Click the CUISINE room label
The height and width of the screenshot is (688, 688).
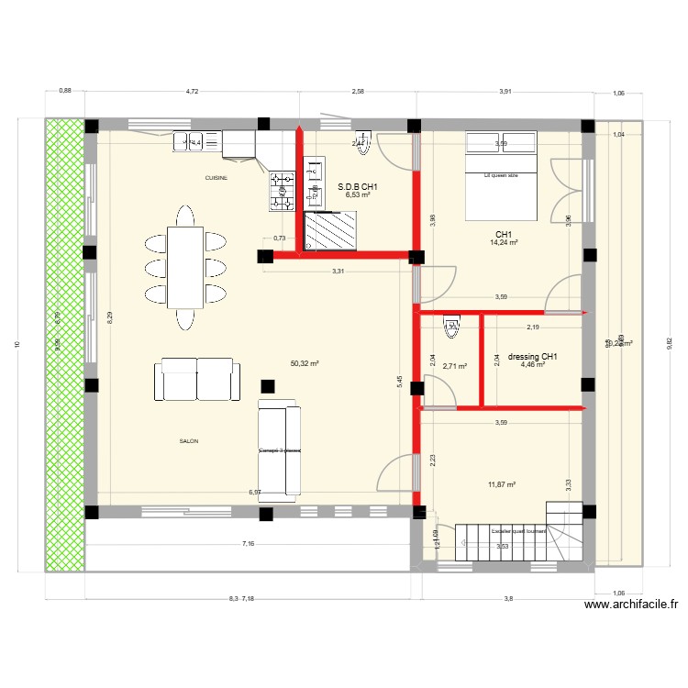216,177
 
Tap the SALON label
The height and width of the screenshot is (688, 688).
189,441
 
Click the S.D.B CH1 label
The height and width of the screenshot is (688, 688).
358,186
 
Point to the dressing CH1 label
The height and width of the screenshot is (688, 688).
532,357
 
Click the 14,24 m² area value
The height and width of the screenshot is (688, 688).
504,243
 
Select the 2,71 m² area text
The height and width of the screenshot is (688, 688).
454,366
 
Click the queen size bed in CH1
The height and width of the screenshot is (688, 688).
501,176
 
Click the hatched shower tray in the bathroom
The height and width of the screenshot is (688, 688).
331,228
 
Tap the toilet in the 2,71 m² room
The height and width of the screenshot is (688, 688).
450,324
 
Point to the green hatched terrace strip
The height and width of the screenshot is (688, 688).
64,344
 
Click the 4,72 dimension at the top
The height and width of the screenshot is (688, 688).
192,92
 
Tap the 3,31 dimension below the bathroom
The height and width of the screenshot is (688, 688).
338,272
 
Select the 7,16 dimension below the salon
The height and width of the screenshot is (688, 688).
248,545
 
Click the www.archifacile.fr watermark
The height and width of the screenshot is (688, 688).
630,605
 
